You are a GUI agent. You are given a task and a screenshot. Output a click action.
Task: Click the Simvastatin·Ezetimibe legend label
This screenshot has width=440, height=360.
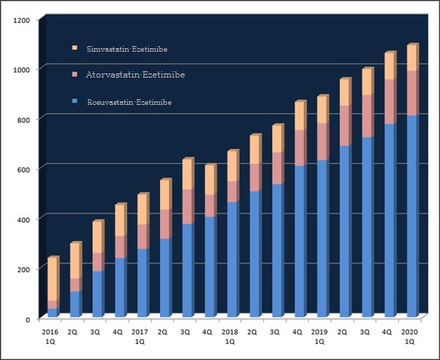coord(126,50)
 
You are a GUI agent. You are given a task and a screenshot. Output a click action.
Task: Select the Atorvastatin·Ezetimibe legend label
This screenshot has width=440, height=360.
coord(135,74)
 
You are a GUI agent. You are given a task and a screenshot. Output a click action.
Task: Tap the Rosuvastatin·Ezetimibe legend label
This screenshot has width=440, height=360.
coord(129,103)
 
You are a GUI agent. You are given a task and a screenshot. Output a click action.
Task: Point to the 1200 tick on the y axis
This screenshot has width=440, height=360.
coord(22,20)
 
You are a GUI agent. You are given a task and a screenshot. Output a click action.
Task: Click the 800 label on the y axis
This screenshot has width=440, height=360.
coord(24,120)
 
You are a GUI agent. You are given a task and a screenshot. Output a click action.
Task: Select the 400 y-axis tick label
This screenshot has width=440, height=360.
coord(24,219)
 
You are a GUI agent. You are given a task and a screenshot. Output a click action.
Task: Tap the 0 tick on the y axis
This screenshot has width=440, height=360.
coord(29,319)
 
